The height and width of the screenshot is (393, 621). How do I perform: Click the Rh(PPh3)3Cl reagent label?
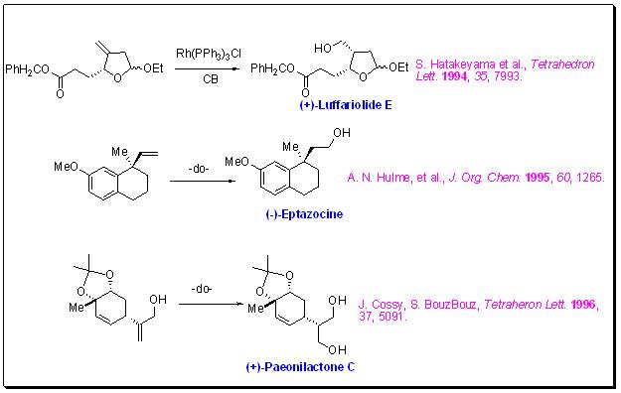click(209, 54)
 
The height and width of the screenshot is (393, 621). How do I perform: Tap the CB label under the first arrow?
click(211, 79)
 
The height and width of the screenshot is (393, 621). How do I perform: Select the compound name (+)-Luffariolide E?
click(346, 105)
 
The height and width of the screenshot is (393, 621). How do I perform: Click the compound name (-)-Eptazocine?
click(304, 214)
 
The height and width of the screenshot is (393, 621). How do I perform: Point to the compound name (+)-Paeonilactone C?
click(300, 367)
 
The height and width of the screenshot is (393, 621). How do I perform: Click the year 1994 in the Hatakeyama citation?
click(454, 76)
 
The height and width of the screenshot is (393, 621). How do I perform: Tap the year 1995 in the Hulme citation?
click(538, 178)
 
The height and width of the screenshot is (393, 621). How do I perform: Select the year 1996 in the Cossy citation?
click(583, 305)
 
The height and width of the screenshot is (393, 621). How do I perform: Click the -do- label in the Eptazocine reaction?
click(199, 169)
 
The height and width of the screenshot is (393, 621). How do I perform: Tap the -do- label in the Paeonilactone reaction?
click(202, 289)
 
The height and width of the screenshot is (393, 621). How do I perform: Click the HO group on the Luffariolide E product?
click(323, 49)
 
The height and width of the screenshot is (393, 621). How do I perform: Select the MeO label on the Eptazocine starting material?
click(67, 167)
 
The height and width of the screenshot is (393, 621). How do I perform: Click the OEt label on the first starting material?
click(153, 68)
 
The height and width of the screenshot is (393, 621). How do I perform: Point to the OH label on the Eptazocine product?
click(342, 133)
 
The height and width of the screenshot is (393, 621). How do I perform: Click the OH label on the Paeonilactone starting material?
click(158, 300)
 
